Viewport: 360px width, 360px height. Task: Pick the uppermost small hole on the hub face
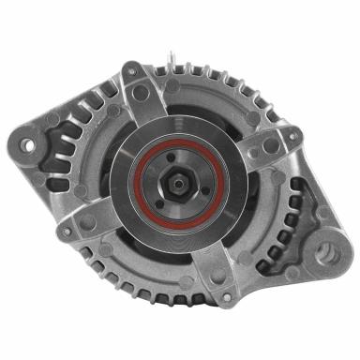coord(174,154)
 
